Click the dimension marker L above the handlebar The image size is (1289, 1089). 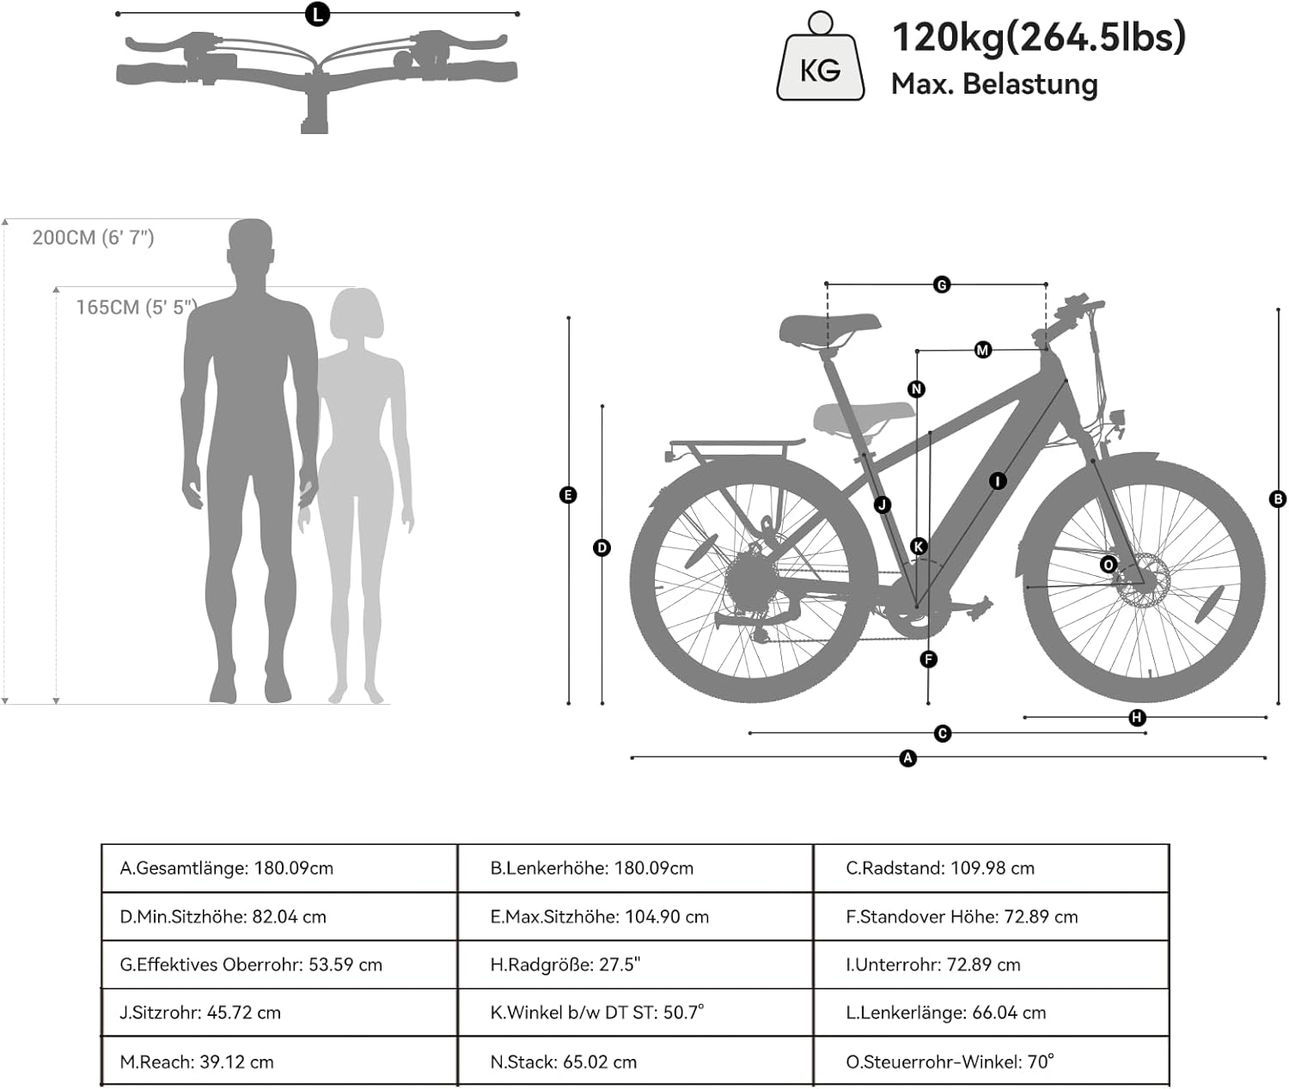[318, 14]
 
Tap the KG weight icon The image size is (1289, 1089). [821, 60]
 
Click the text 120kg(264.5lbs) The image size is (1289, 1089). [1038, 37]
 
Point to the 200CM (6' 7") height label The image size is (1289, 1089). [93, 237]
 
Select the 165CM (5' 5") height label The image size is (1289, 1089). [136, 307]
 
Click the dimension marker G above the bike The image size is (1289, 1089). [942, 284]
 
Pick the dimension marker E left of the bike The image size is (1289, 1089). [567, 494]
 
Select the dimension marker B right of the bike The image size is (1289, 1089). [1278, 499]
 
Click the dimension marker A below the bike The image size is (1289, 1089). [907, 758]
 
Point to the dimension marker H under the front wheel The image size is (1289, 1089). [1137, 718]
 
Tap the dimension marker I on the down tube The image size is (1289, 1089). [997, 480]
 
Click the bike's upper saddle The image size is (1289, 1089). [828, 329]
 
